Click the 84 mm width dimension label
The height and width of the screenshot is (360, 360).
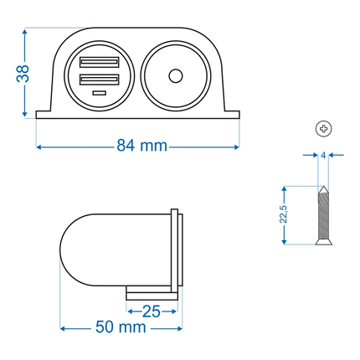coord(140,147)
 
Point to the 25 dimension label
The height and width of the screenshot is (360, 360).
coord(152,311)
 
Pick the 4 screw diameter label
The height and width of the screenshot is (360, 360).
coord(322,155)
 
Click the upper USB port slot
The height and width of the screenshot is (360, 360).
coord(100,62)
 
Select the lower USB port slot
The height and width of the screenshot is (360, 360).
coord(100,80)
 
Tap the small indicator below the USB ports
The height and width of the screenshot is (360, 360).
coord(100,93)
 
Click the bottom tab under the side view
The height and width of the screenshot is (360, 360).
coord(151,294)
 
